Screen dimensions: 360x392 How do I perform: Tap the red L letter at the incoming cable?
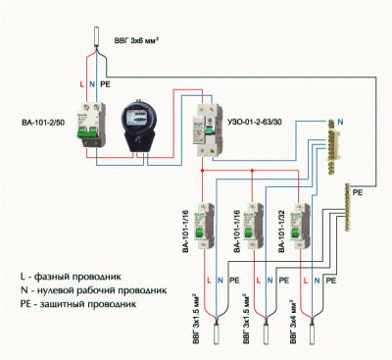(x=81, y=83)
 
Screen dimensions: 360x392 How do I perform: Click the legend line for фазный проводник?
(x=79, y=277)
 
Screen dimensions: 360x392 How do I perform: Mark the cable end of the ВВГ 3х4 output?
(x=316, y=338)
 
